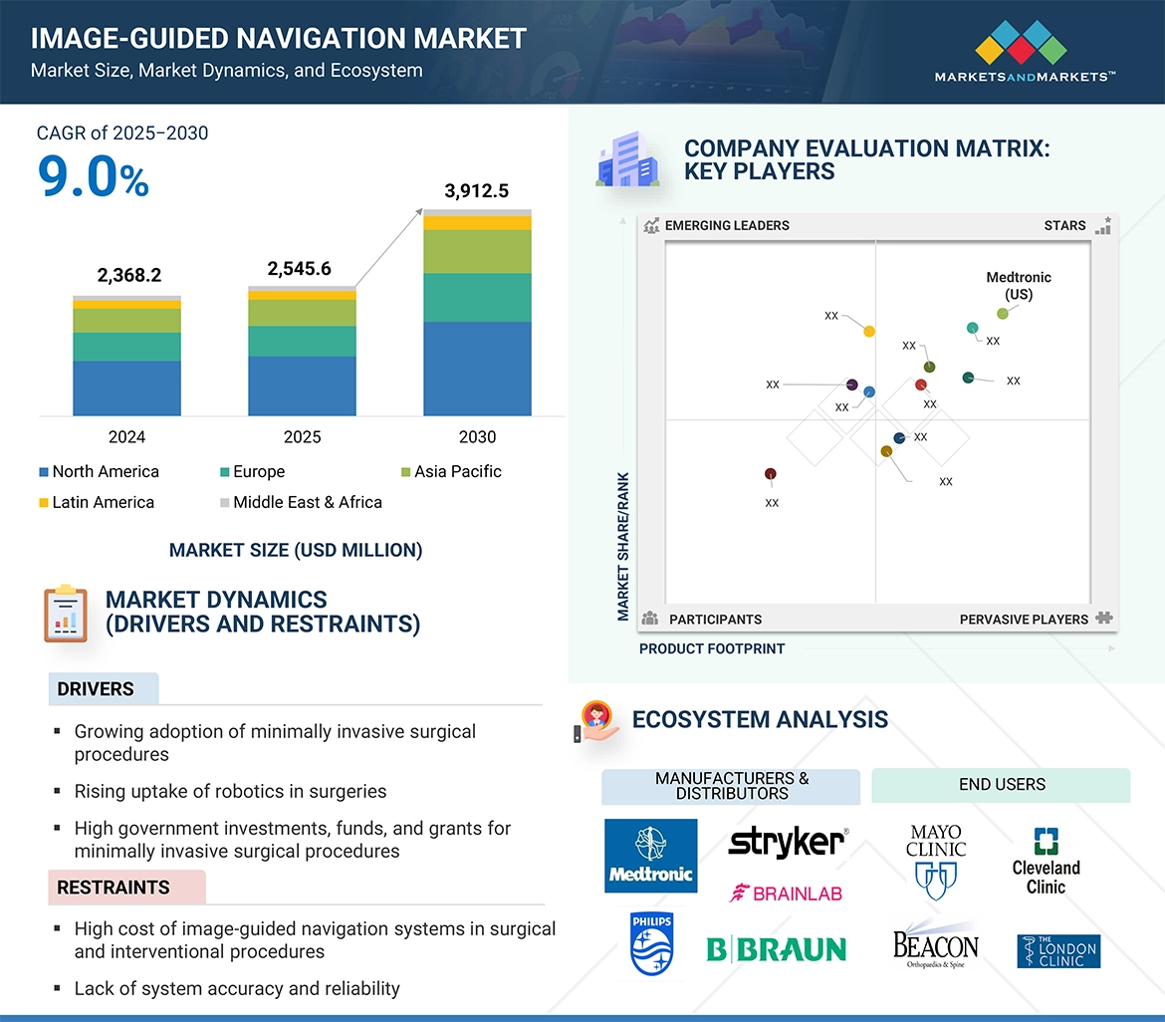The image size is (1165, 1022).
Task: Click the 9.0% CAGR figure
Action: click(93, 176)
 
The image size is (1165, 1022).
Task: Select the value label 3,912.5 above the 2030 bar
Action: click(477, 191)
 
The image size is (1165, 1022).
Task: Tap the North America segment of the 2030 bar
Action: click(477, 368)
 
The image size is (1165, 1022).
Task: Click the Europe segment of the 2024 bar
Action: click(126, 347)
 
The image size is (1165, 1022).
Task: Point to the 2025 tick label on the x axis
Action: click(302, 437)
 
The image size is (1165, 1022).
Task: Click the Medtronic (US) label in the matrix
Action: click(1018, 286)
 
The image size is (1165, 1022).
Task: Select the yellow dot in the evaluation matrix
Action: click(869, 331)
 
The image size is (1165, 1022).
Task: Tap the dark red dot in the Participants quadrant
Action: click(771, 474)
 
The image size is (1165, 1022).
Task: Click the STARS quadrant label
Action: click(1064, 225)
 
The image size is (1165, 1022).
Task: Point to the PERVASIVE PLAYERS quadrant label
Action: click(1024, 620)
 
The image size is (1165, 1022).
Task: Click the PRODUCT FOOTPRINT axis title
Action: click(711, 648)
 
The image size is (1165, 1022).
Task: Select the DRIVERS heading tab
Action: click(97, 689)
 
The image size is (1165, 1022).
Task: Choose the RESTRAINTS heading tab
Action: click(114, 888)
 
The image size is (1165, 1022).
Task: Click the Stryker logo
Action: click(787, 842)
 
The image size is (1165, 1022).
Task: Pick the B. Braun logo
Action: click(777, 949)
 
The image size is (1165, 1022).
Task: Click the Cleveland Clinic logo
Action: click(1046, 861)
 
